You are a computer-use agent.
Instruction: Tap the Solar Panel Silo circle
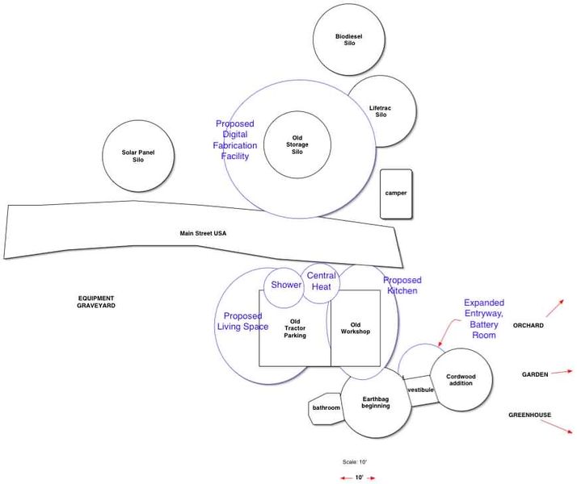[138, 156]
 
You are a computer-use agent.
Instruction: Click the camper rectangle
[396, 194]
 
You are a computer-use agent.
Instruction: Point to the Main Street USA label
[203, 233]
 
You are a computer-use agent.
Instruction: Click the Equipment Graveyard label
[96, 302]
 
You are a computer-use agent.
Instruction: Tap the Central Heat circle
[322, 282]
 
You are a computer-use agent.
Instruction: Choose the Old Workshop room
[355, 328]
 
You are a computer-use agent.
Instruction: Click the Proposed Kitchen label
[402, 286]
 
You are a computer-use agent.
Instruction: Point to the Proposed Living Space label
[242, 321]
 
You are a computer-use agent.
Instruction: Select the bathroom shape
[326, 408]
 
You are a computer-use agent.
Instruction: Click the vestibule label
[420, 390]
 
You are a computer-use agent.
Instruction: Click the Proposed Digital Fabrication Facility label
[235, 140]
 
